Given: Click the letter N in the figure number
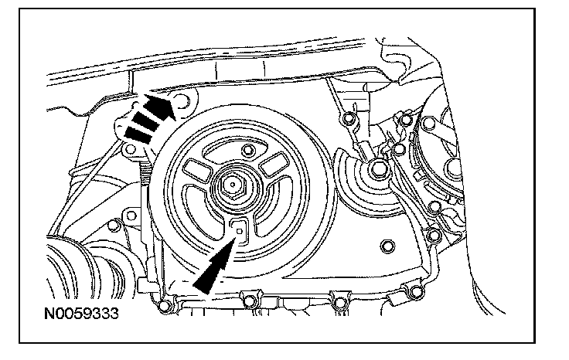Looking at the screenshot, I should (48, 316).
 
